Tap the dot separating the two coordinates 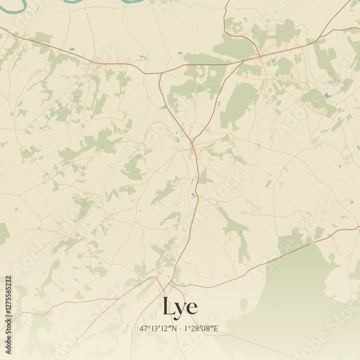click(180, 328)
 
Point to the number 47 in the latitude click(144, 328)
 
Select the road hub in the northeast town click(260, 55)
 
